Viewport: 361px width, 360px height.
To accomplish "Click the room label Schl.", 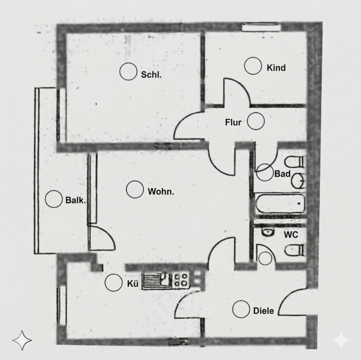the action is (151, 75).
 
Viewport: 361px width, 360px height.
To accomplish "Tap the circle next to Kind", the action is (253, 66).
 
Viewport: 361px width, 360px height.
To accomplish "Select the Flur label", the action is (233, 122).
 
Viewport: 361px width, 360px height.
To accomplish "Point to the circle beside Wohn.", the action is (135, 189).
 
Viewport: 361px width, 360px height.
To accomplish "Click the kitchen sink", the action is (157, 280).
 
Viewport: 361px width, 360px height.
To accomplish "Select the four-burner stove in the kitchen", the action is (180, 280).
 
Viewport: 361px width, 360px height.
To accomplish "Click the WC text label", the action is (291, 235).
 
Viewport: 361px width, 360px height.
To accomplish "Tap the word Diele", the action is (264, 311).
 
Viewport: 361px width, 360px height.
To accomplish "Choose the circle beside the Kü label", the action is (114, 283).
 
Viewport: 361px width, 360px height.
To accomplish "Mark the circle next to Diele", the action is (241, 310).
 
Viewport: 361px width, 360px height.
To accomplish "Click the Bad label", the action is (282, 174).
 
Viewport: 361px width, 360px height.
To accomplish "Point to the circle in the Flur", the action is (256, 121).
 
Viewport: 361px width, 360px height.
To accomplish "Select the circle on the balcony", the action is (54, 199).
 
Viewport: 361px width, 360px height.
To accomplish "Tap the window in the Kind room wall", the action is (261, 27).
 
